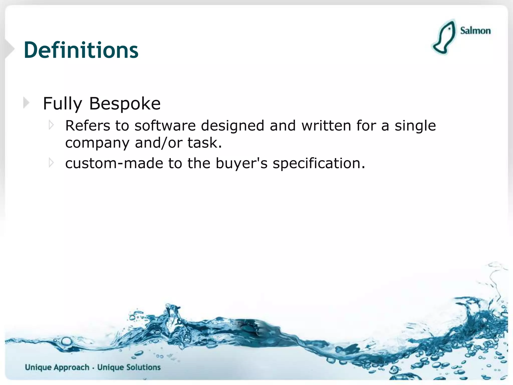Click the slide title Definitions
[x=81, y=50]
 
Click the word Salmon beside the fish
[x=475, y=31]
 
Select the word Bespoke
[x=125, y=103]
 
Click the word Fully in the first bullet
[x=62, y=104]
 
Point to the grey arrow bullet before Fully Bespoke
[x=26, y=103]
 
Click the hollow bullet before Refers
[x=51, y=125]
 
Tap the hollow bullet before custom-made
[x=51, y=163]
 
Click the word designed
[x=232, y=126]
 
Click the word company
[x=97, y=143]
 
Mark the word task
[x=204, y=143]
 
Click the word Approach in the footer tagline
[x=71, y=367]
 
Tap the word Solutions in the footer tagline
[x=143, y=367]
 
